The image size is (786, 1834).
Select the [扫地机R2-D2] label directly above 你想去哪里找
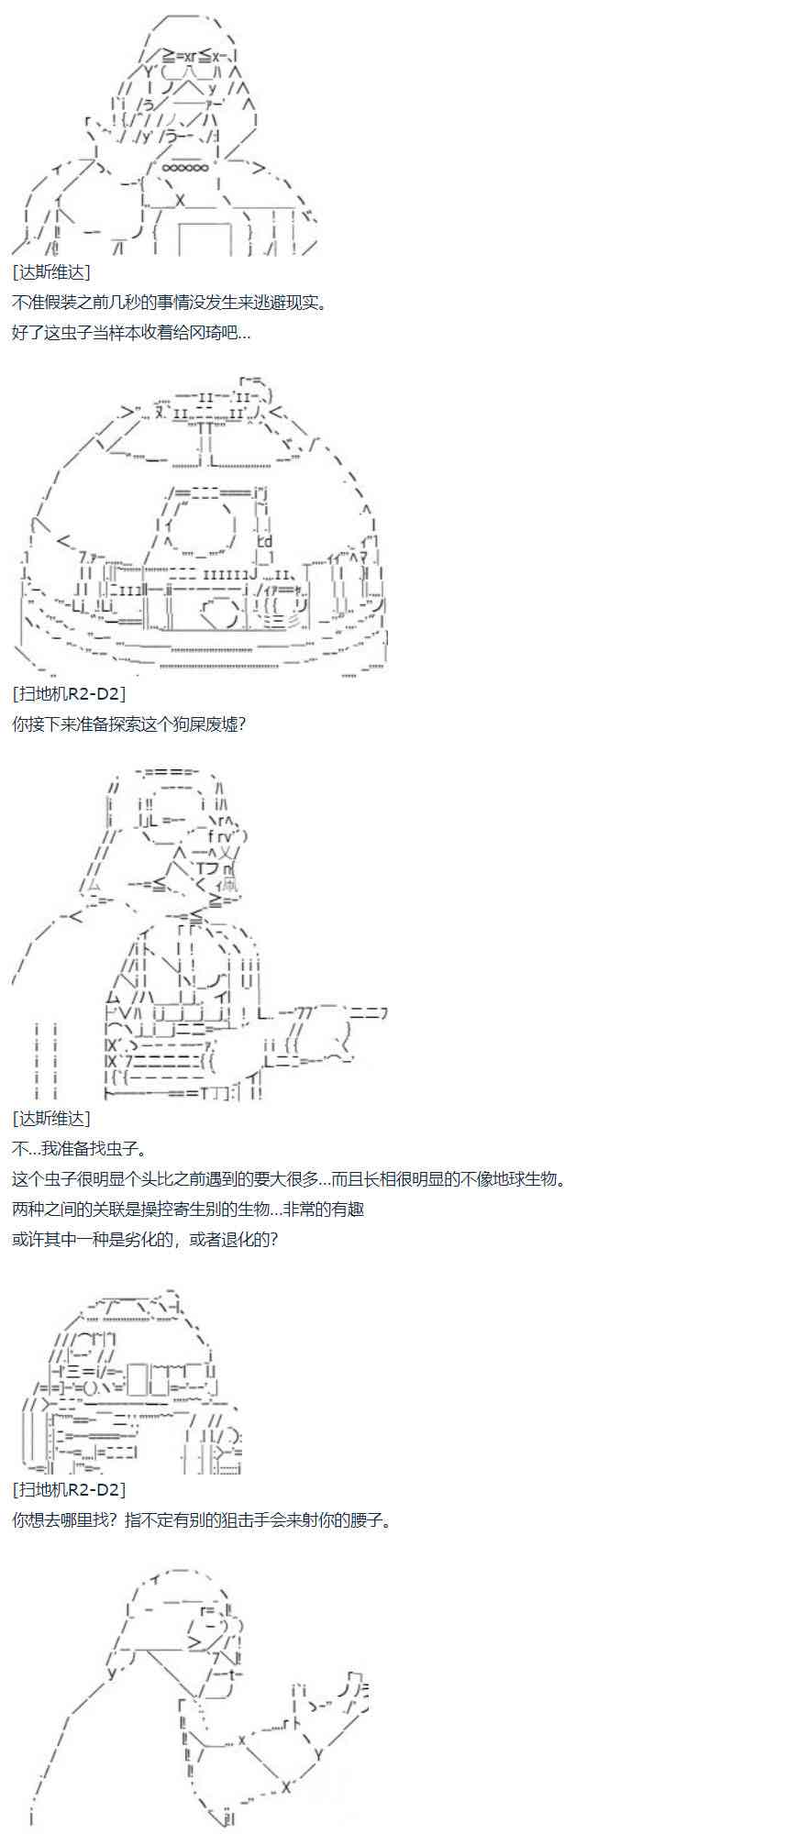(x=70, y=1490)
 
